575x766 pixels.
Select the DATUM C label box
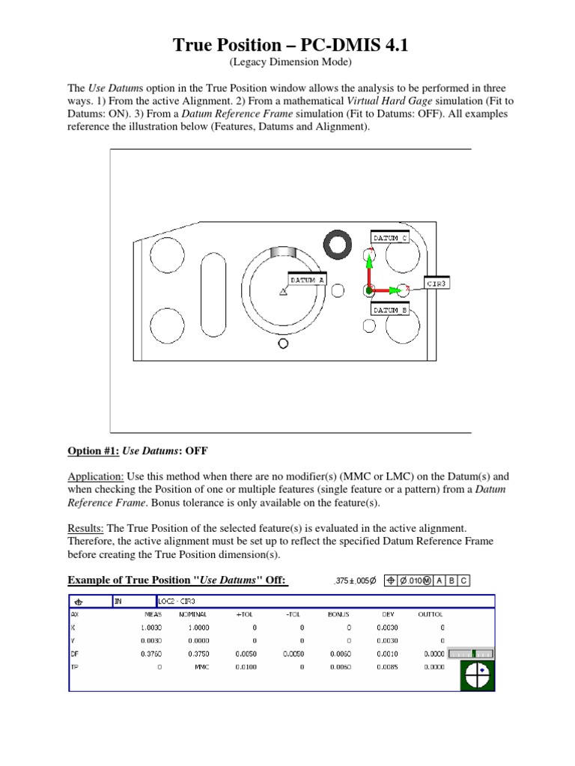coord(389,238)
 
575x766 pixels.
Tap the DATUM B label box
coord(389,309)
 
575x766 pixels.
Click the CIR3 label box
coord(436,284)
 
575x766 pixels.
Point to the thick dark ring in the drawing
coord(338,244)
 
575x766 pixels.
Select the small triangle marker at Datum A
coord(282,292)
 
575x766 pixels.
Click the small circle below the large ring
coord(283,343)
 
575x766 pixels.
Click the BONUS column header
coord(339,613)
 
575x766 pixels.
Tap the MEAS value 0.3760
coord(151,653)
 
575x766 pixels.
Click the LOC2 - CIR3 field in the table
coord(177,600)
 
